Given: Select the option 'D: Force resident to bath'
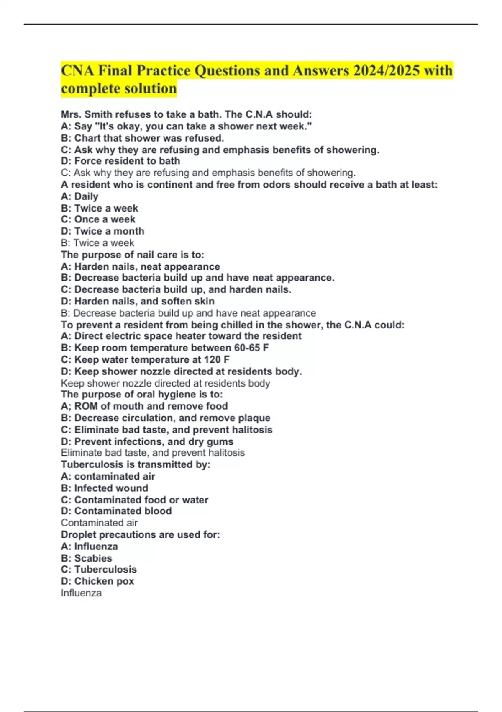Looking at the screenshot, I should coord(120,161).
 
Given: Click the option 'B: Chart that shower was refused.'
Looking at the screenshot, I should coord(142,138).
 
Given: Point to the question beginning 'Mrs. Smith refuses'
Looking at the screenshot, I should coord(186,114).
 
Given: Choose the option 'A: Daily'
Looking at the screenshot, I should coord(79,196).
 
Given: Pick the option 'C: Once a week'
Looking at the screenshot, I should coord(98,219).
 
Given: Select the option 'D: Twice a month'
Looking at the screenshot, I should coord(102,231).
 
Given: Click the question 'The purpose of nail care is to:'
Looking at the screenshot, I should coord(133,255).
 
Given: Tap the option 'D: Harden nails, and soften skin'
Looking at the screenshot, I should coord(138,301).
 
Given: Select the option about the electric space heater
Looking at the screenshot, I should coord(181,336).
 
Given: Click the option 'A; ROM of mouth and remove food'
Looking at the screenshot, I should coord(144,406).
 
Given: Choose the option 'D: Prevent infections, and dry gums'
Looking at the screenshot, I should coord(147,441).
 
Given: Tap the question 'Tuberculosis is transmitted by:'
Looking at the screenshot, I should coord(136,464).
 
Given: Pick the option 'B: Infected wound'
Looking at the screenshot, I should coord(104,488).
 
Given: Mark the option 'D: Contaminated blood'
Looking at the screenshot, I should coord(116,511).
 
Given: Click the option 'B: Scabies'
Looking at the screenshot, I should coord(86,558).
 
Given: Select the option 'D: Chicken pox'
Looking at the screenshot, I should coord(97,581).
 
